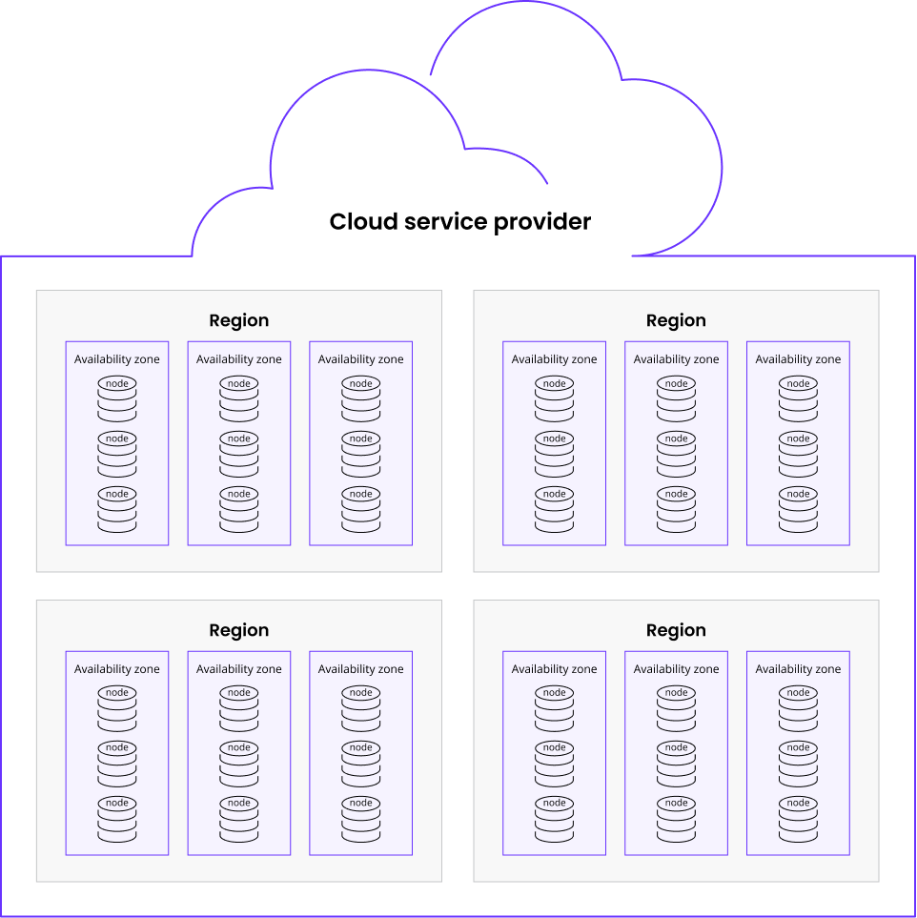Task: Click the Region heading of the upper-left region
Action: [239, 320]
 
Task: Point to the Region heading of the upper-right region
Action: [676, 320]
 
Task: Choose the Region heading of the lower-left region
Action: [239, 630]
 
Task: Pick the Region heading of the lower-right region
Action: [676, 630]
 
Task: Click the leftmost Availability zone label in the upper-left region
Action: [116, 359]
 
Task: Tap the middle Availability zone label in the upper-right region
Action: [676, 359]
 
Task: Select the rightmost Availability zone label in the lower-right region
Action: [798, 669]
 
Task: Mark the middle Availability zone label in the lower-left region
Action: [239, 669]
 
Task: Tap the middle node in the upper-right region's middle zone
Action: [677, 455]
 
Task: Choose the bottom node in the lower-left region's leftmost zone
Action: [117, 819]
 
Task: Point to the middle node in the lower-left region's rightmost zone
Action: [360, 764]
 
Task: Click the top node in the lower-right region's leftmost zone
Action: [554, 708]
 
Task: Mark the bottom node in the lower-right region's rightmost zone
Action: [798, 819]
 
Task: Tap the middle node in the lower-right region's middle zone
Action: [677, 764]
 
